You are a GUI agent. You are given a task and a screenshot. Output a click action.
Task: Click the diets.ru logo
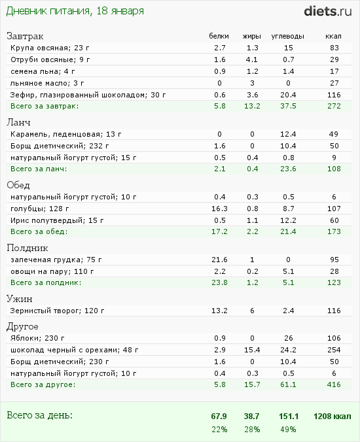coord(327,11)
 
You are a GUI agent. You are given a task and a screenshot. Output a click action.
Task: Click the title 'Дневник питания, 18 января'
coord(75,11)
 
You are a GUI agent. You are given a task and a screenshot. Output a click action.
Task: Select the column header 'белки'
coord(219,36)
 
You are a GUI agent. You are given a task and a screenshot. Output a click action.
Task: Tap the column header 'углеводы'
coord(287,37)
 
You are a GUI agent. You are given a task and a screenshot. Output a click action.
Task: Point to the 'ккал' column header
coord(333,37)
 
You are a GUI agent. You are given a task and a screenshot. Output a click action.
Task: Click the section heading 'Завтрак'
coord(25,36)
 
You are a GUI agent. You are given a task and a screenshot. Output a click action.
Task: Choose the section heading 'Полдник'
coord(27,248)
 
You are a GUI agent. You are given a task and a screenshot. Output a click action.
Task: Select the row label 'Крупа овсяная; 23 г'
coord(50,48)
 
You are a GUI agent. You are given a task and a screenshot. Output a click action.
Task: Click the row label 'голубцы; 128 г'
coord(40,209)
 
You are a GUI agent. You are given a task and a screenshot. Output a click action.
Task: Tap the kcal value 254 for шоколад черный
coord(334,350)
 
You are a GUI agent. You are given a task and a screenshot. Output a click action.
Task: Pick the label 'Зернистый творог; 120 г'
coord(58,311)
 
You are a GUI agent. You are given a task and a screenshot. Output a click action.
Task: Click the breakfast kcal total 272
coord(334,106)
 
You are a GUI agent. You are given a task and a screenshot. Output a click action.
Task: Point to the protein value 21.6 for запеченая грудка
coord(219,260)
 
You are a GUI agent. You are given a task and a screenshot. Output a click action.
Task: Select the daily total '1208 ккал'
coord(333,416)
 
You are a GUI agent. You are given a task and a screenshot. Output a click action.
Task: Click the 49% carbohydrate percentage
coord(288,430)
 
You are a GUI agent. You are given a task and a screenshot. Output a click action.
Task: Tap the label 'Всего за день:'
coord(39,415)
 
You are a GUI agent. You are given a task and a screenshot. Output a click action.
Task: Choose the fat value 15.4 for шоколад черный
coord(252,350)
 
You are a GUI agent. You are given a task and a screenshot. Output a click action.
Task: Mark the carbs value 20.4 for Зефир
coord(288,95)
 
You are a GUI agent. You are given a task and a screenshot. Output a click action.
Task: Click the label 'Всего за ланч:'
coord(39,169)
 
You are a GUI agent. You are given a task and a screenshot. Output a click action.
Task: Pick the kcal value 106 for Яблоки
coord(334,338)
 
